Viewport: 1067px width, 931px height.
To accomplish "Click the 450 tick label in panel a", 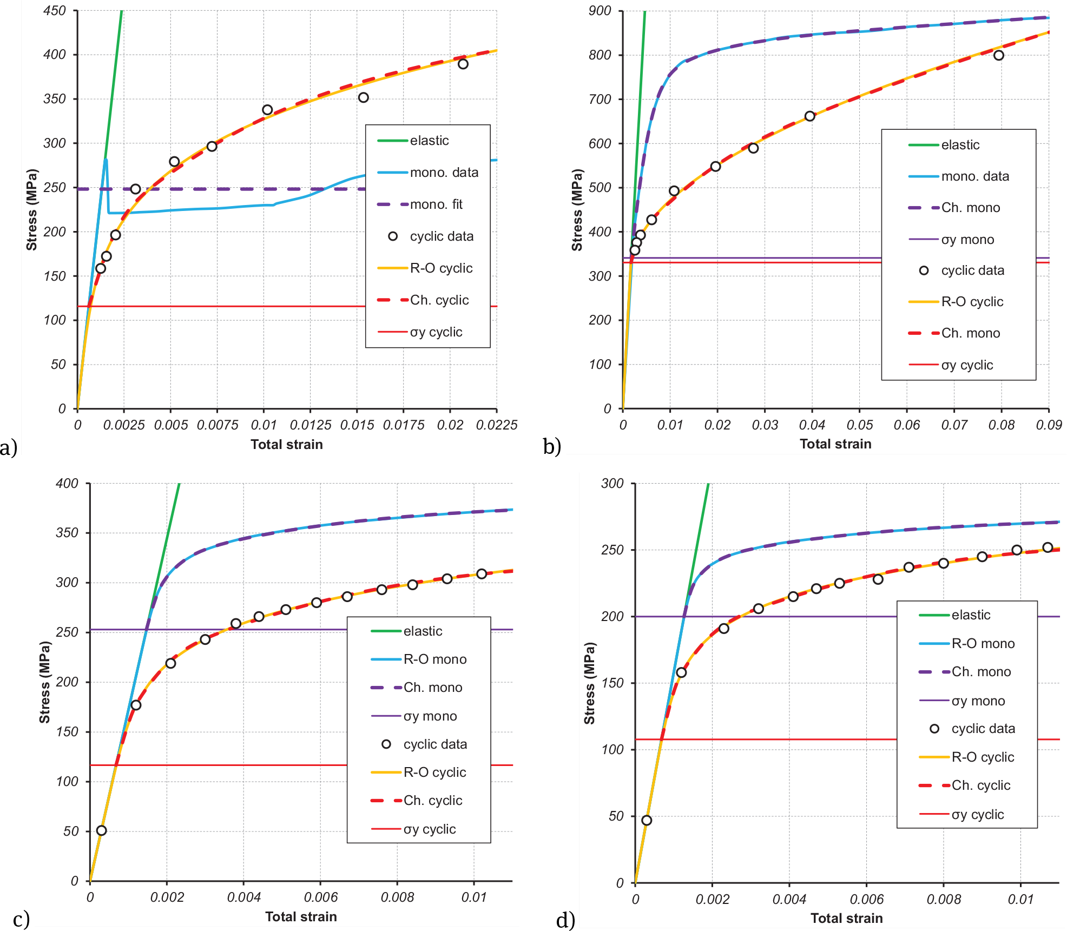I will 54,11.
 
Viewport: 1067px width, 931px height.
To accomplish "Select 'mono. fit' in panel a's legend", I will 436,204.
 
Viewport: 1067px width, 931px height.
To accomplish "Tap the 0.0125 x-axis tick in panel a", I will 311,425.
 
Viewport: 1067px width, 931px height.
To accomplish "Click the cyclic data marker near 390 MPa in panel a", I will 463,64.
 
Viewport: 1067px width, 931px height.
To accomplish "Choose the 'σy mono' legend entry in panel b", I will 967,240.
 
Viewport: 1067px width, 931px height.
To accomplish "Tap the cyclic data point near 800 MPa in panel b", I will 999,55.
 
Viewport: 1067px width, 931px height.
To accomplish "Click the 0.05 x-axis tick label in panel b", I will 860,425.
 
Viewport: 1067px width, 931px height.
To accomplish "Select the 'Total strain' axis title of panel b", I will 835,444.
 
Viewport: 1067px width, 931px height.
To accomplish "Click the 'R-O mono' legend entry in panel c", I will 434,659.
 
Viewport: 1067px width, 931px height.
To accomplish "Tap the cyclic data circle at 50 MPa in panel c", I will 101,830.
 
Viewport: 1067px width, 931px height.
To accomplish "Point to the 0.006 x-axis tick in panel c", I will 320,897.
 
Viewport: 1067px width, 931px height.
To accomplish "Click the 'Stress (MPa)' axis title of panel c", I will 44,682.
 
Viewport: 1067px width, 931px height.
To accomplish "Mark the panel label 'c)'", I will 21,919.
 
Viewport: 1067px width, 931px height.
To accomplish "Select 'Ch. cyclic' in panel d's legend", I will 980,785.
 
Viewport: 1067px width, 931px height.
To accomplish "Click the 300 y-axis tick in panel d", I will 612,484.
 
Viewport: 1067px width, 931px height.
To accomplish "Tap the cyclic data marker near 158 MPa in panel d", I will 681,672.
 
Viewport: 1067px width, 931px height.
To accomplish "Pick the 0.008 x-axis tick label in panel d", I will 944,900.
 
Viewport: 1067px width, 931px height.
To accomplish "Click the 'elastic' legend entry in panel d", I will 971,615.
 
